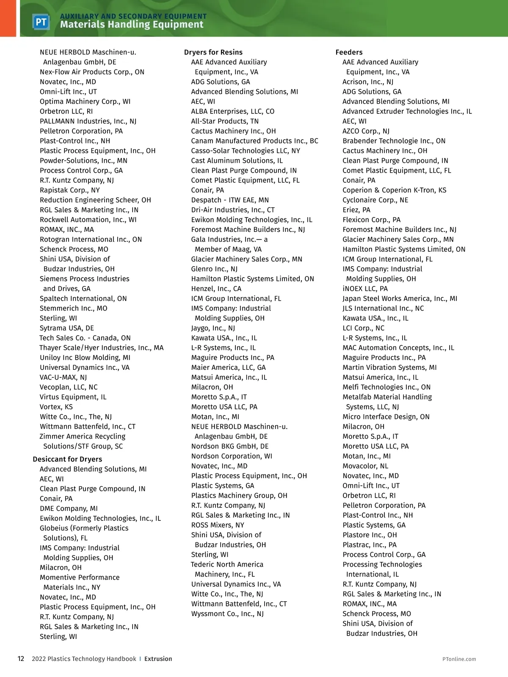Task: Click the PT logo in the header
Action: point(41,22)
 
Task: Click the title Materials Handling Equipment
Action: point(132,25)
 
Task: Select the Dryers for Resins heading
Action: point(213,52)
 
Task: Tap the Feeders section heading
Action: point(349,52)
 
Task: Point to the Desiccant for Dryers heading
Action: point(67,459)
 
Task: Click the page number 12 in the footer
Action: point(21,659)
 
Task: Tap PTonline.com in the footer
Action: point(459,659)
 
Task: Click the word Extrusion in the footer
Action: point(158,659)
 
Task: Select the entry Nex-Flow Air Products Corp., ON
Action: point(92,72)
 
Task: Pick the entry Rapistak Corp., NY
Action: point(70,190)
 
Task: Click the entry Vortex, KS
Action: point(56,407)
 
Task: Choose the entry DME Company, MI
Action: point(69,508)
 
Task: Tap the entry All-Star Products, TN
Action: point(225,121)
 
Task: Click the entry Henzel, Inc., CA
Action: point(216,289)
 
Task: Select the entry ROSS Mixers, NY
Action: point(218,525)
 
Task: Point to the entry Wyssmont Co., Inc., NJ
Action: point(227,614)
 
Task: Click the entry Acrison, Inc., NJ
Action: point(368,82)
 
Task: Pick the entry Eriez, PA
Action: point(356,210)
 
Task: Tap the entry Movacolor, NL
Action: point(365,466)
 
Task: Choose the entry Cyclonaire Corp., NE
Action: point(375,200)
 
